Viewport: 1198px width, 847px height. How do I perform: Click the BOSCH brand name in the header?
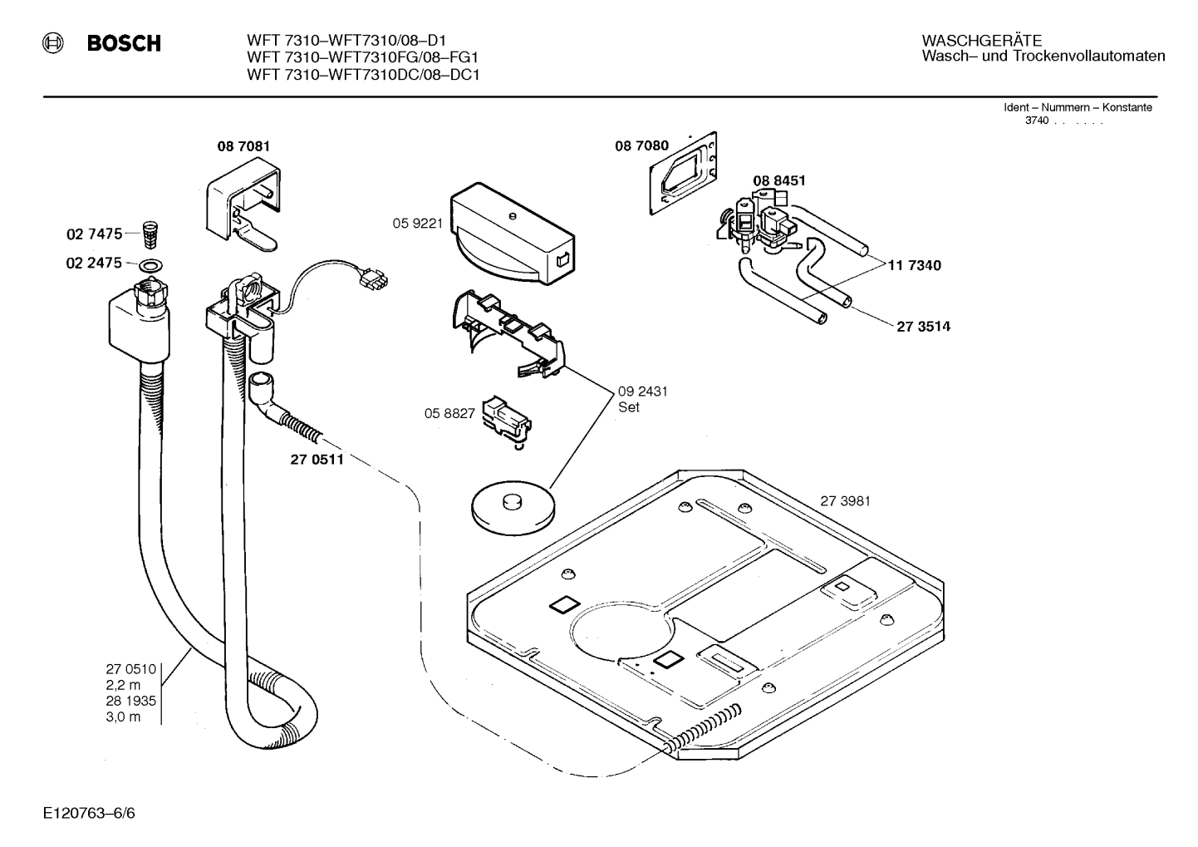pos(124,43)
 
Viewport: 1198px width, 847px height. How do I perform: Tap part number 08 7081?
pos(243,146)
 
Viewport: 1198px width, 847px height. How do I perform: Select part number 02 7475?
pos(94,234)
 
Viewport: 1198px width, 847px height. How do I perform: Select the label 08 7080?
pos(641,145)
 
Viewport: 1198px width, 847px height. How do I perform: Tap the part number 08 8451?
pos(778,180)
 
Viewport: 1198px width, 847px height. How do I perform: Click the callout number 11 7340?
pos(914,265)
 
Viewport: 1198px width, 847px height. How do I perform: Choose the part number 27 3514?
pos(923,326)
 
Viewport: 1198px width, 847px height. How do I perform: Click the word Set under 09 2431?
pos(629,408)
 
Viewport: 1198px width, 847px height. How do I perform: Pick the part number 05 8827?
pos(449,413)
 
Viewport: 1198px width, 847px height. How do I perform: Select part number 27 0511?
pos(317,460)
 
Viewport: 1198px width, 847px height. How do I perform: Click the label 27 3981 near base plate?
pos(845,501)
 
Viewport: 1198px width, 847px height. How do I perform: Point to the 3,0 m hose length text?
pos(123,717)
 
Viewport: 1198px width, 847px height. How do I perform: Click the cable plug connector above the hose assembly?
pos(372,281)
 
